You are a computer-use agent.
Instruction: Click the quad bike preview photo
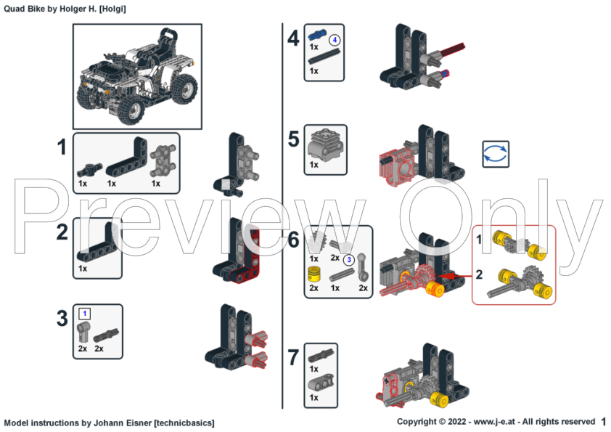point(137,76)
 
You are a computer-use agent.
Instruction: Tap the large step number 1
point(63,148)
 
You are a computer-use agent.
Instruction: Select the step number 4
point(293,38)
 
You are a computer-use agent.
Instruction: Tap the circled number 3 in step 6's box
point(349,258)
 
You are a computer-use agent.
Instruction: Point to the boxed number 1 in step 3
point(84,314)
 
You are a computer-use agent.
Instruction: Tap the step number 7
point(293,357)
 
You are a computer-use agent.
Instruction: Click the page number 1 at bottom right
point(603,421)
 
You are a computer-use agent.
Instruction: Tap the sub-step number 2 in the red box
point(478,274)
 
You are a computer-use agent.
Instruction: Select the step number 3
point(63,317)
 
